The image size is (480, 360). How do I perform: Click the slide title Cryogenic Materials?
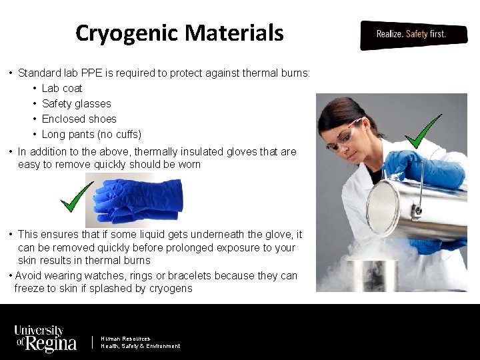pyautogui.click(x=179, y=33)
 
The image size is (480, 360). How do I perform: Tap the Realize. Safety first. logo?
pyautogui.click(x=411, y=34)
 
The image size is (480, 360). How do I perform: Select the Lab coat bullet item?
pyautogui.click(x=62, y=88)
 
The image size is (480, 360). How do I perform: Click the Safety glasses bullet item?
pyautogui.click(x=76, y=103)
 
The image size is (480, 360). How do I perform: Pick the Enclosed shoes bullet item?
pyautogui.click(x=79, y=119)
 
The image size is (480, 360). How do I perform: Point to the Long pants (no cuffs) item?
pyautogui.click(x=91, y=134)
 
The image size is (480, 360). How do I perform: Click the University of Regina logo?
pyautogui.click(x=45, y=339)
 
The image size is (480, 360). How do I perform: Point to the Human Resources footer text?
pyautogui.click(x=125, y=339)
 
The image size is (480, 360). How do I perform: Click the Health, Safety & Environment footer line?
pyautogui.click(x=140, y=346)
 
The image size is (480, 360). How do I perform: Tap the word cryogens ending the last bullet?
pyautogui.click(x=169, y=288)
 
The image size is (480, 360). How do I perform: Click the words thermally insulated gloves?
pyautogui.click(x=198, y=151)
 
